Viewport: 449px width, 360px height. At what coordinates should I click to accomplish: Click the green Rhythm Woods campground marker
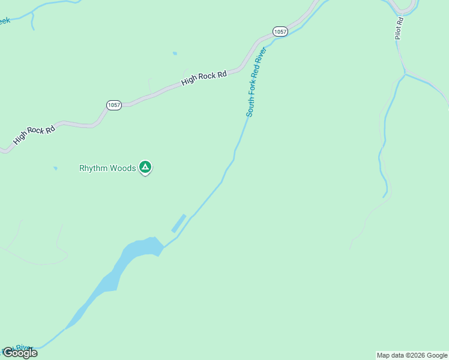[145, 167]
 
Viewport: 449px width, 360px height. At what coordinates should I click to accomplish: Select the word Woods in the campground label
[122, 168]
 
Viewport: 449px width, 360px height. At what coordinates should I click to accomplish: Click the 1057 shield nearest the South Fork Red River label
[280, 31]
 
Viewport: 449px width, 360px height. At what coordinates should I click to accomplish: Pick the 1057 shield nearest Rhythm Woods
[113, 104]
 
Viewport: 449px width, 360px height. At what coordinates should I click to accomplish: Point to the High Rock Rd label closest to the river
[204, 77]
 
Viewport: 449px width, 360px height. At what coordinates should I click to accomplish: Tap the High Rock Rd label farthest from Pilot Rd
[34, 135]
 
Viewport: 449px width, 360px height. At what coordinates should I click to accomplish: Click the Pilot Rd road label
[399, 28]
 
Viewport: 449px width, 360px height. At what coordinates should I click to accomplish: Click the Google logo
[20, 353]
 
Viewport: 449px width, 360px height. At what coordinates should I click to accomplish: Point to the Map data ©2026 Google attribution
[412, 355]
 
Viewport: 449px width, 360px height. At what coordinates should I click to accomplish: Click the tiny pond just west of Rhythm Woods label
[56, 169]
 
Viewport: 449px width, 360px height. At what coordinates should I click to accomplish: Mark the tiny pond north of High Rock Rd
[175, 53]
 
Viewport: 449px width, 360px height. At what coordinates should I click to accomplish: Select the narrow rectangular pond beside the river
[179, 223]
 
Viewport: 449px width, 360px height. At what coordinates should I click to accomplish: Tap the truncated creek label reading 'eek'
[4, 21]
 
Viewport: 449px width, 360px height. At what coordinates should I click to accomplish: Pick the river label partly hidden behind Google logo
[23, 347]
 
